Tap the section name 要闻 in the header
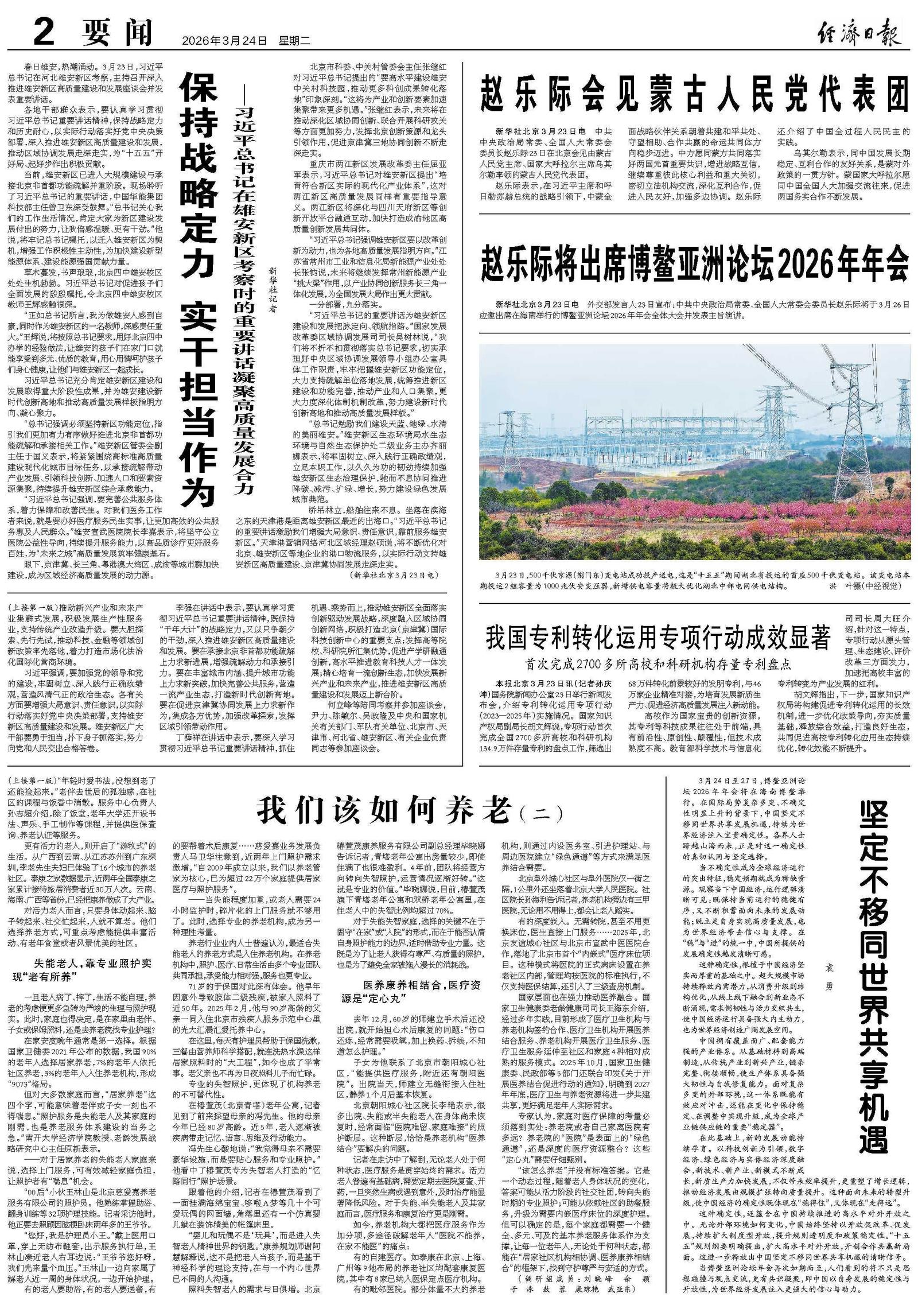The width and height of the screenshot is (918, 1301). tap(118, 34)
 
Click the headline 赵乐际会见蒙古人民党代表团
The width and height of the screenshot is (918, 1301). tap(694, 92)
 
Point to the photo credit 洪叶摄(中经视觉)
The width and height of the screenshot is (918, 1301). tap(866, 587)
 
